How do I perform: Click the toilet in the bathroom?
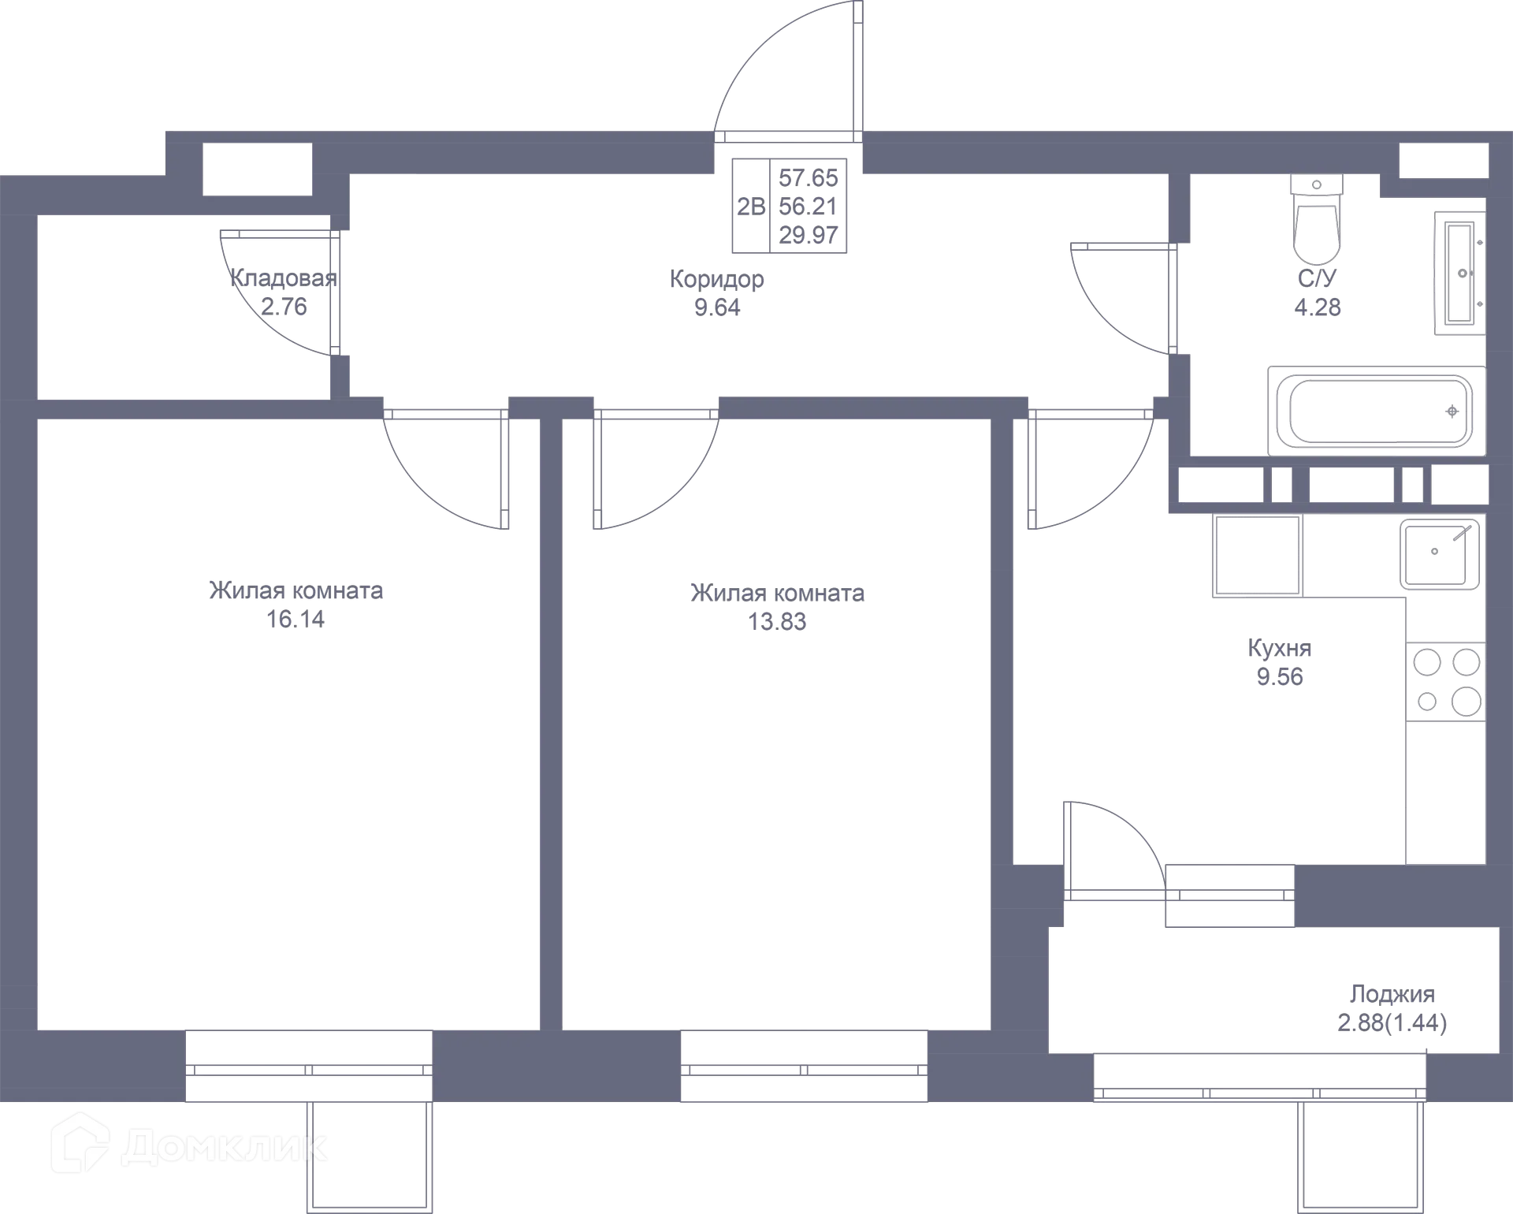coord(1316,219)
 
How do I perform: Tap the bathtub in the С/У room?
coord(1377,411)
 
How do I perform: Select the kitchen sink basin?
coord(1439,553)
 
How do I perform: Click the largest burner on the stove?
coord(1466,701)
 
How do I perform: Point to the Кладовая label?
coord(284,277)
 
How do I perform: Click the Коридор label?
coord(717,278)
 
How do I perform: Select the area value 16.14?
coord(296,620)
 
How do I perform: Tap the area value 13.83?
coord(777,622)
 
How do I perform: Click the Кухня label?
coord(1280,648)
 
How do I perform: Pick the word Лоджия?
coord(1392,994)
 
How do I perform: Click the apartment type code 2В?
coord(751,207)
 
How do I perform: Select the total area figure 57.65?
coord(809,177)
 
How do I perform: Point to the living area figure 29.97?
coord(809,235)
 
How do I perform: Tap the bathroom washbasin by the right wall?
coord(1460,274)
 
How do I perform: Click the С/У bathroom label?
coord(1318,278)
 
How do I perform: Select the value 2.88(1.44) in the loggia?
coord(1392,1023)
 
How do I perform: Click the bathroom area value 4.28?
coord(1318,307)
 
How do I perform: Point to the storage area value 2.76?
coord(284,307)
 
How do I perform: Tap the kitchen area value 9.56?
coord(1280,677)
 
